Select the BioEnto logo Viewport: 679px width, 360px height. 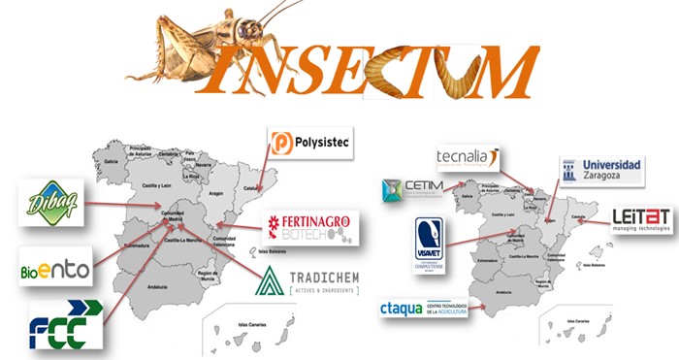coord(53,265)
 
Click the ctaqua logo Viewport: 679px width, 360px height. coord(426,311)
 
